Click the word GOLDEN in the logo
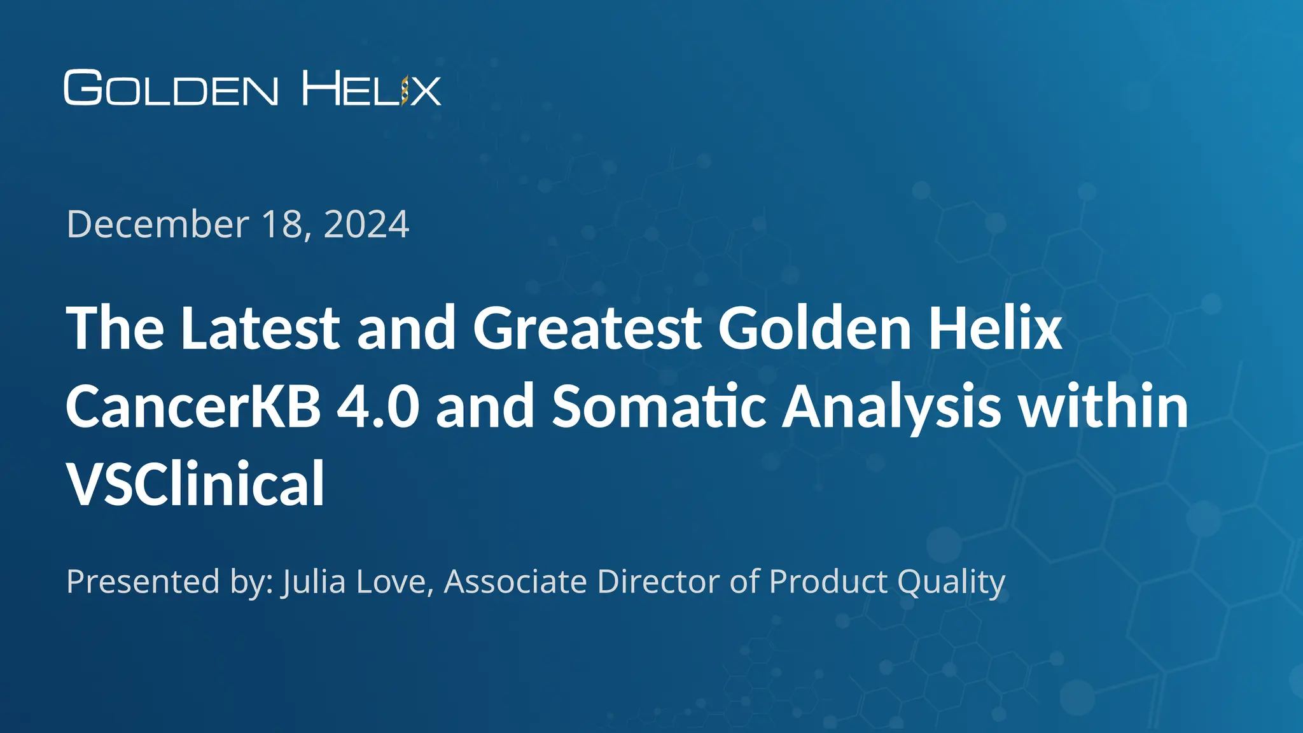(171, 88)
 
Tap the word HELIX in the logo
(371, 88)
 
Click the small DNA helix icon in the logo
(404, 90)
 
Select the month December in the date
(158, 224)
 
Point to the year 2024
(366, 224)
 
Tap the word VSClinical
(195, 484)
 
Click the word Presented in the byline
(143, 581)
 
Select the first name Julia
(314, 581)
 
